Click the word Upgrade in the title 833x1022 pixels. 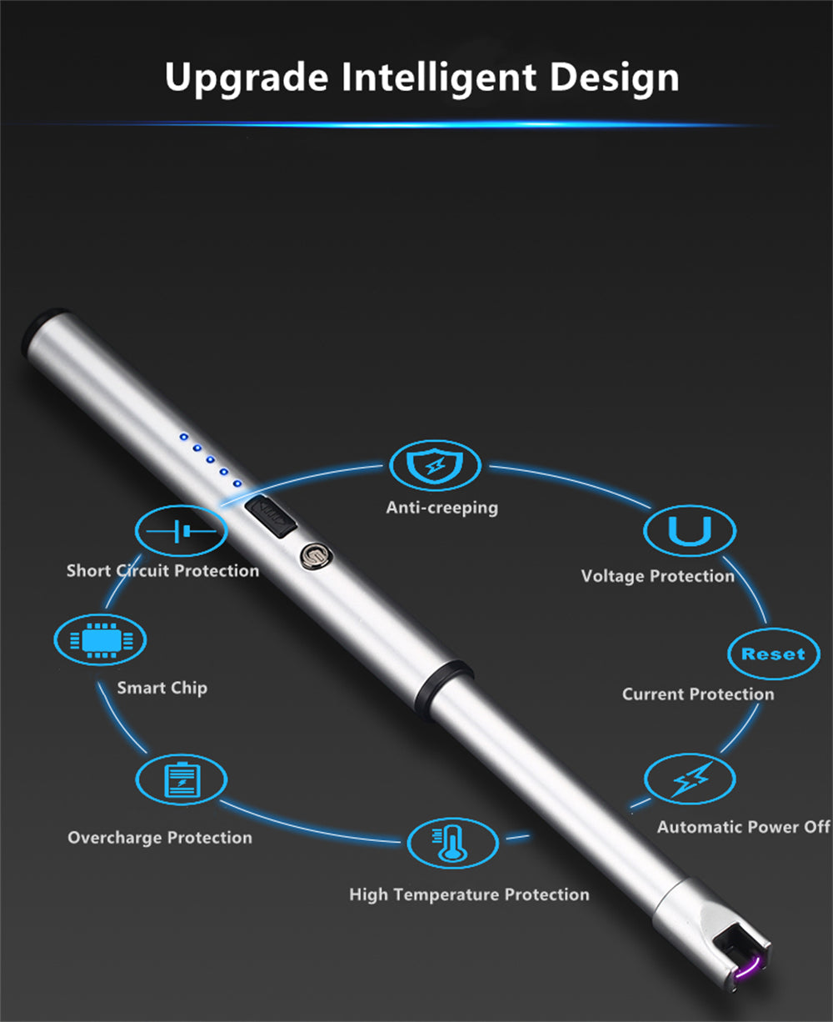(247, 78)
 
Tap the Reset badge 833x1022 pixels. (773, 654)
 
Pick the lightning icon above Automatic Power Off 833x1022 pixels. (690, 779)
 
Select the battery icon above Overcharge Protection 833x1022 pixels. (181, 779)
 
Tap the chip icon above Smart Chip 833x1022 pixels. (100, 640)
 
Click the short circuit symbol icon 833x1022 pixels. (181, 531)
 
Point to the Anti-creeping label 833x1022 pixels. (441, 508)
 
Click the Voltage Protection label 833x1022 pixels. (657, 576)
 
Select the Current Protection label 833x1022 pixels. (698, 694)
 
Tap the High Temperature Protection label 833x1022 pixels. (469, 895)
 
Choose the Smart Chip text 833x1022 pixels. (162, 688)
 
